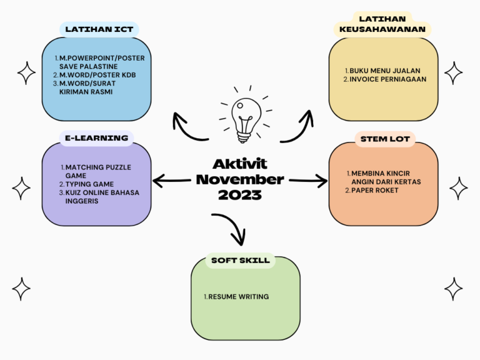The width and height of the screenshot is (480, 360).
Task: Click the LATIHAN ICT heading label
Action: tap(99, 29)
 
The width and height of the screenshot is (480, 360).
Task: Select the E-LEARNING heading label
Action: tap(97, 138)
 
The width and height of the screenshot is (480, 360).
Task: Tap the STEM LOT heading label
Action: tap(385, 139)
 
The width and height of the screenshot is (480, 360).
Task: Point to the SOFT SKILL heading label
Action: tap(241, 261)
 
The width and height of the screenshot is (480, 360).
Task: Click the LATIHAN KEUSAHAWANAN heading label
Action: tap(382, 24)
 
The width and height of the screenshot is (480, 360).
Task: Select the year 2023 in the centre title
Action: tap(240, 195)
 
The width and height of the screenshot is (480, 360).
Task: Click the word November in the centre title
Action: tap(240, 179)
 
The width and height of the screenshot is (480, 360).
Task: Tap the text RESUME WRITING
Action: tap(239, 297)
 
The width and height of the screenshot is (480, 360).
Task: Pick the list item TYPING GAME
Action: tap(89, 184)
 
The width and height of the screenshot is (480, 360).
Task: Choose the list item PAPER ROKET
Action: tap(375, 191)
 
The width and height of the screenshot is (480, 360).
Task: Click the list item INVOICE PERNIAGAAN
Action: tap(388, 79)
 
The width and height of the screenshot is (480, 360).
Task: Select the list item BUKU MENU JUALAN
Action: tap(385, 71)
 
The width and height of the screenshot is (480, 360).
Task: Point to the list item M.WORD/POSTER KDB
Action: tap(97, 75)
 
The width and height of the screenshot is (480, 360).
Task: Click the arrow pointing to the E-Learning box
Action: tap(171, 181)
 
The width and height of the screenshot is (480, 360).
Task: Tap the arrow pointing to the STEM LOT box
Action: tap(308, 181)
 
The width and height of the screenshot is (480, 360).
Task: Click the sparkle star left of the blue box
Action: tap(26, 73)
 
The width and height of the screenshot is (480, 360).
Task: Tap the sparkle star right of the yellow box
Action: tap(453, 73)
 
